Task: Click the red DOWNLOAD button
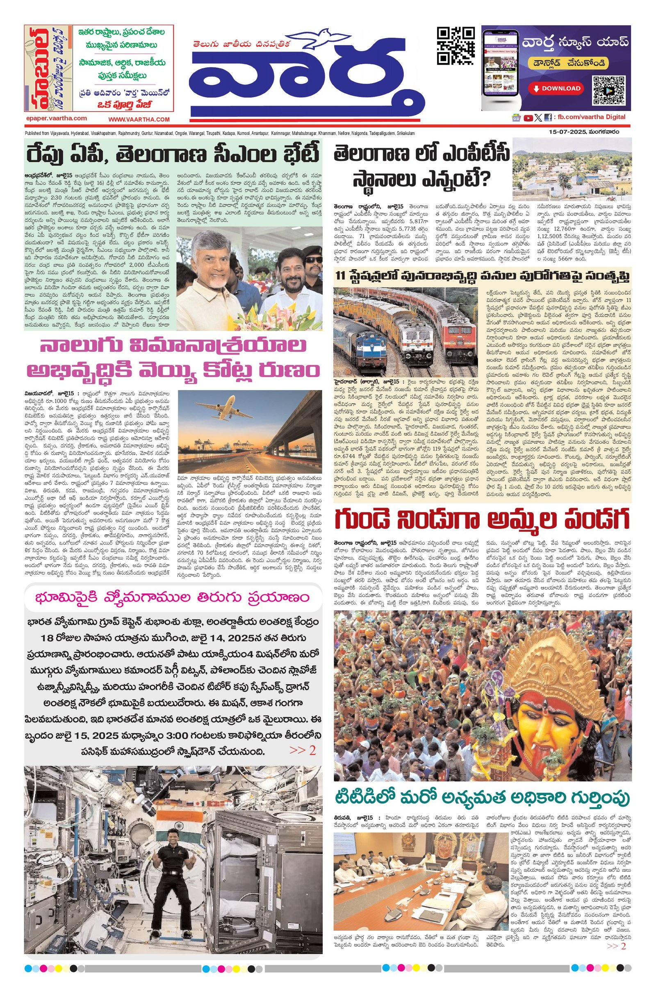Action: point(557,88)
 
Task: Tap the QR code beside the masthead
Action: point(456,45)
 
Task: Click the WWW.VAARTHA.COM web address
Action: point(139,119)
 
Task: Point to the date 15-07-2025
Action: point(567,132)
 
